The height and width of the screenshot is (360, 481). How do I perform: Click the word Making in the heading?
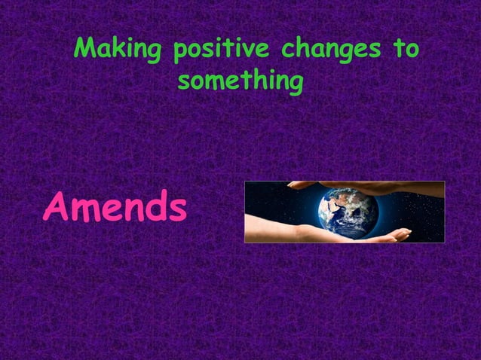119,51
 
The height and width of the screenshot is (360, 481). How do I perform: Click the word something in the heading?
240,81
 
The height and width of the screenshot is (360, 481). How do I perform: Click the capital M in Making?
86,50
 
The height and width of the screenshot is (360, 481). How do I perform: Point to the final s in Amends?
176,210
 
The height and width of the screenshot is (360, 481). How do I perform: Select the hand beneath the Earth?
317,233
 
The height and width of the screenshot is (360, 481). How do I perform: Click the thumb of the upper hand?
302,185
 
